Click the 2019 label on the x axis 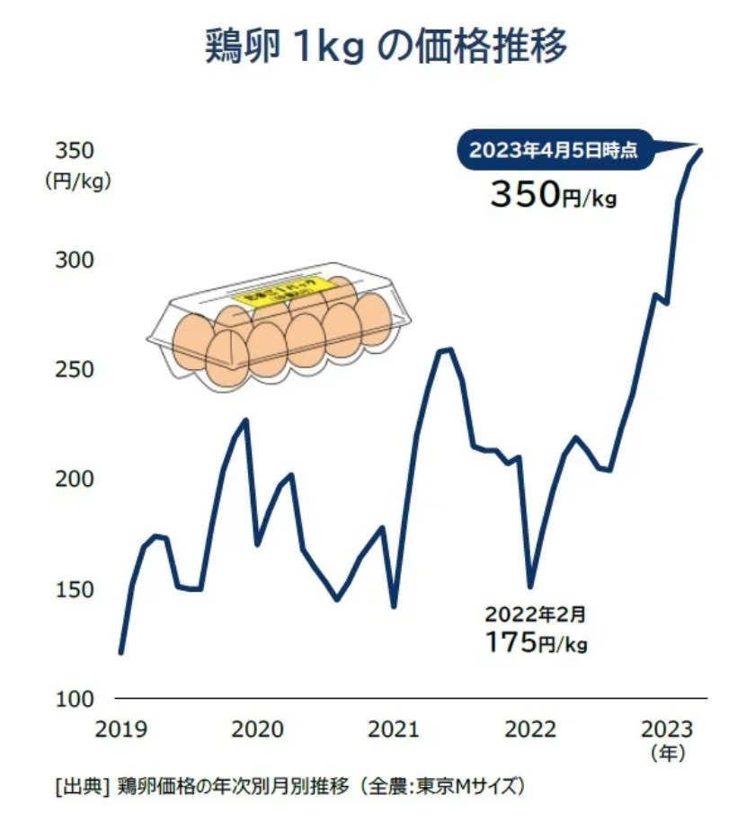tap(120, 728)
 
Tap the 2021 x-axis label tap(392, 728)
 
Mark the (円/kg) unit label tap(76, 181)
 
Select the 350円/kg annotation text tap(553, 194)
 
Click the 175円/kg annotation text tap(536, 642)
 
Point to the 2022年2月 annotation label tap(536, 615)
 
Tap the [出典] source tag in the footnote tap(81, 787)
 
